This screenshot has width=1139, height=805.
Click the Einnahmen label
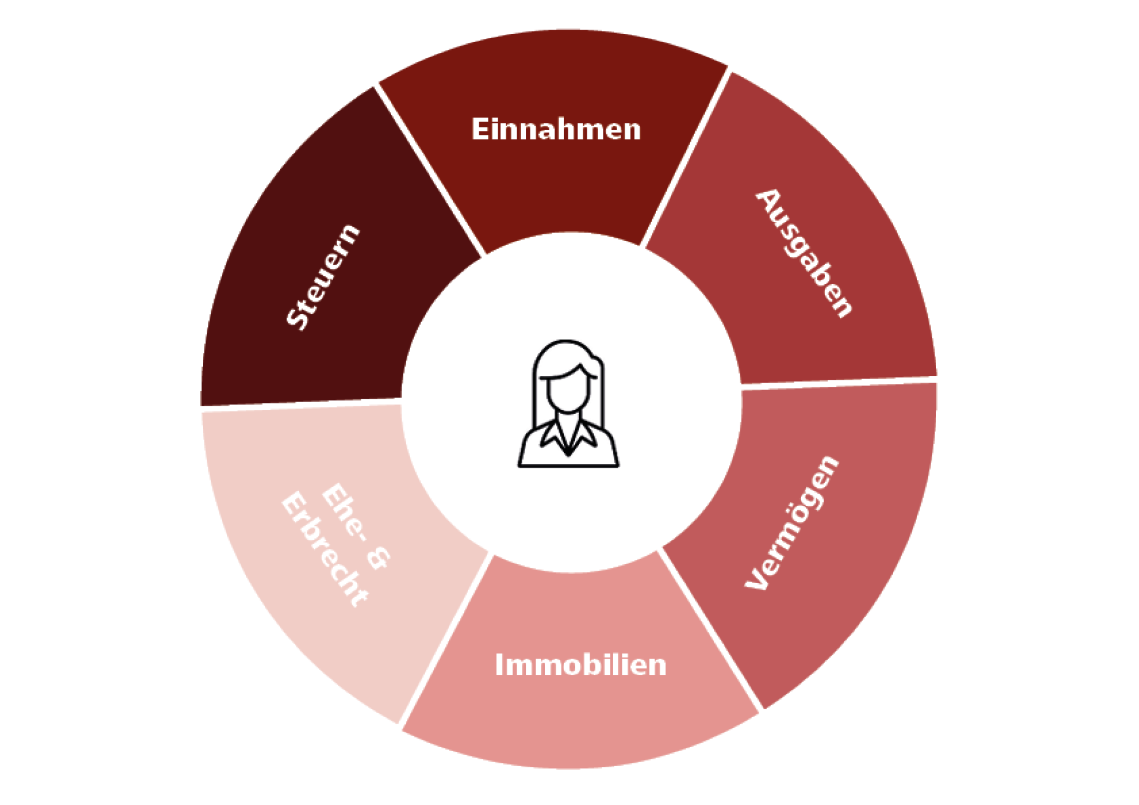pyautogui.click(x=556, y=129)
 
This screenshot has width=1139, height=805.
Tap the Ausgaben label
pyautogui.click(x=804, y=253)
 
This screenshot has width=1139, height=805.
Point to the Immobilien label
pyautogui.click(x=580, y=664)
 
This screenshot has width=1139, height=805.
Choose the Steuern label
pyautogui.click(x=323, y=276)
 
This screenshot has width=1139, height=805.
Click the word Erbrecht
pyautogui.click(x=324, y=549)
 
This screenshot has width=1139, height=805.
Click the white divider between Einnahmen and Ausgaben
pyautogui.click(x=685, y=157)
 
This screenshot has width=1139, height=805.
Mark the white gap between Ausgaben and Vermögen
pyautogui.click(x=839, y=381)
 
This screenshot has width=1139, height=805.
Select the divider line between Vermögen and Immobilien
pyautogui.click(x=711, y=629)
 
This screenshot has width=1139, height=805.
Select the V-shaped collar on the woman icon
pyautogui.click(x=568, y=437)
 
